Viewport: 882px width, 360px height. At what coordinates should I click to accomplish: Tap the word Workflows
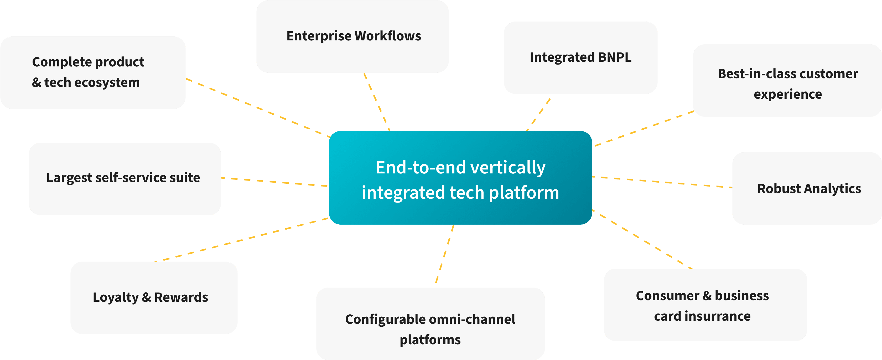tap(388, 36)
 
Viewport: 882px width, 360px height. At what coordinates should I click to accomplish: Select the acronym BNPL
tap(615, 57)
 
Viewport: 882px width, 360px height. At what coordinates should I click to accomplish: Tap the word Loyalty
tap(115, 297)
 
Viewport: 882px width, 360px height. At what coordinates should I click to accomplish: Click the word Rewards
tap(181, 297)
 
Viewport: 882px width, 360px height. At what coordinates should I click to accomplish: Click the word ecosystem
tap(107, 82)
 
